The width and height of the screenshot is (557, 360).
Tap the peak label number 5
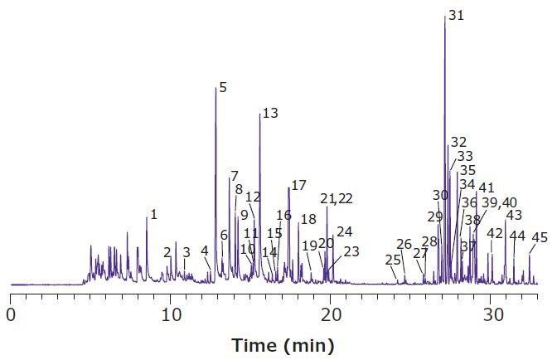pos(222,86)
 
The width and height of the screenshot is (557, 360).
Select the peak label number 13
pos(270,114)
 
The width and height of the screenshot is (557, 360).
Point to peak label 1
pos(153,214)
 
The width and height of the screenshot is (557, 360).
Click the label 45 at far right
pos(539,237)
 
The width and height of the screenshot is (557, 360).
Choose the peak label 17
pos(298,185)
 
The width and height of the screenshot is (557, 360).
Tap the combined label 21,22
pos(337,198)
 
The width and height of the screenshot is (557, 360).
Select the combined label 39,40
pos(499,202)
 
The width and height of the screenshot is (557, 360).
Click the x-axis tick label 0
pos(11,315)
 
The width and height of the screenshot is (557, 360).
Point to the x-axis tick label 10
pos(171,315)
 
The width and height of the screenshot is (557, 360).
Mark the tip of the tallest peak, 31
pos(445,16)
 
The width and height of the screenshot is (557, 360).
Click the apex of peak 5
pos(216,88)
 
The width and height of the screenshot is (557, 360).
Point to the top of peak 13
pos(259,114)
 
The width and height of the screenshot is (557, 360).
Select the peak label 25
pos(393,260)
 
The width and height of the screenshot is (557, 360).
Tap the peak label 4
pos(204,251)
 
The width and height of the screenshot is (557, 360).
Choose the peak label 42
pos(495,234)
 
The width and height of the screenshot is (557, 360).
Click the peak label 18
pos(308,220)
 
